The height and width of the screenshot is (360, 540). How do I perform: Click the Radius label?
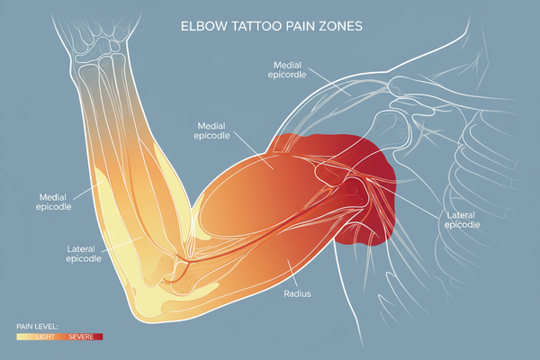[298, 292]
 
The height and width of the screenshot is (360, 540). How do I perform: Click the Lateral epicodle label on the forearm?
[88, 254]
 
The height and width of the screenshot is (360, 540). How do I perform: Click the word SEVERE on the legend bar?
[81, 336]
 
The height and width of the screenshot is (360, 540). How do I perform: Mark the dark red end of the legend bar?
[99, 336]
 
